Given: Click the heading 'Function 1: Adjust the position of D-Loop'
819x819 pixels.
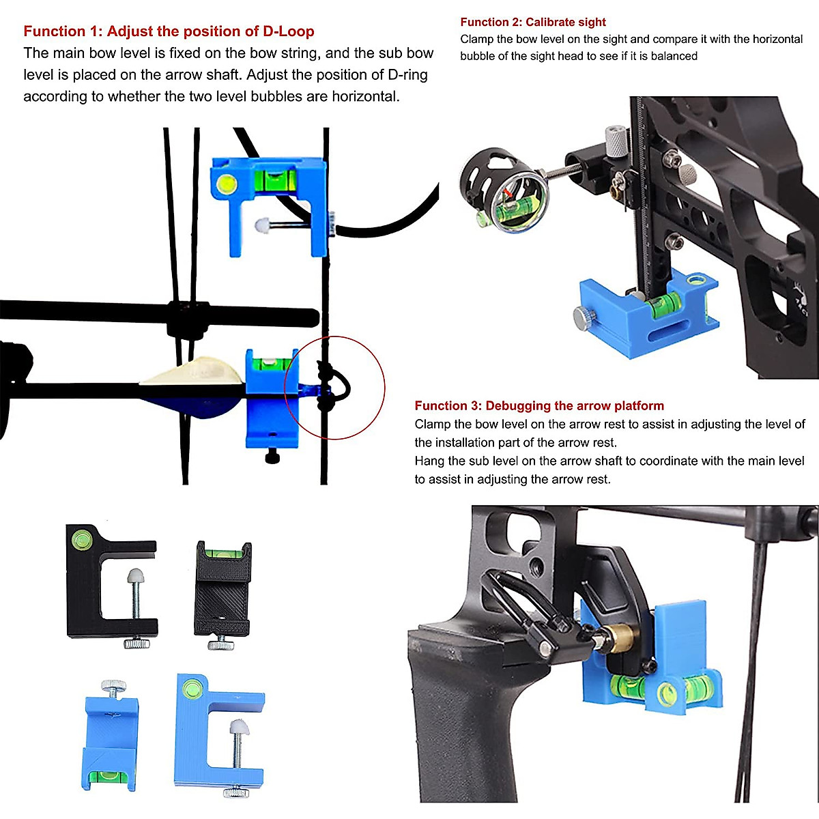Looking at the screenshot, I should [x=169, y=31].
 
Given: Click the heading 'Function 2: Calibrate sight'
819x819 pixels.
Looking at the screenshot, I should [x=533, y=22].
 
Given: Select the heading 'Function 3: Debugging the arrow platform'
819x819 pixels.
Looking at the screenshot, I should [x=539, y=405].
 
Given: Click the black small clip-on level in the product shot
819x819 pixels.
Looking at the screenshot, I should [x=223, y=590].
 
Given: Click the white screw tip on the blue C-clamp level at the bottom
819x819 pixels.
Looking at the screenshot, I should [x=239, y=727].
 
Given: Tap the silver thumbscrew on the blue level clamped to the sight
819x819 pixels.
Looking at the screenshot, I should [x=583, y=317].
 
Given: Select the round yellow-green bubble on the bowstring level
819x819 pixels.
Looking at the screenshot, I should [x=226, y=183].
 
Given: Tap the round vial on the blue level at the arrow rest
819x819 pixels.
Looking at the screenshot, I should [x=667, y=695].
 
